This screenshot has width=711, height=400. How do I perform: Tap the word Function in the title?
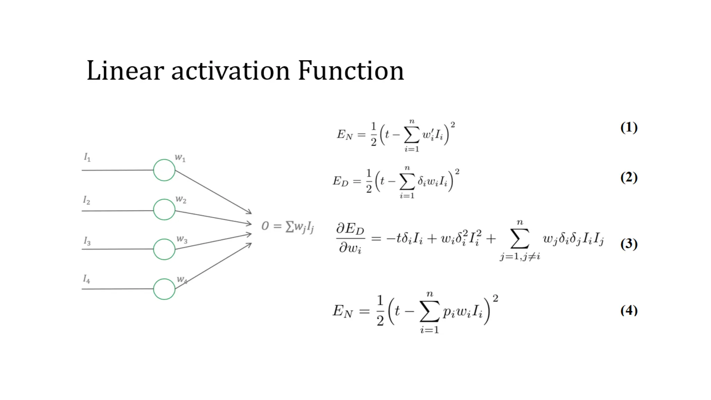pyautogui.click(x=351, y=71)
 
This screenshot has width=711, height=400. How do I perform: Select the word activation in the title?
pyautogui.click(x=231, y=71)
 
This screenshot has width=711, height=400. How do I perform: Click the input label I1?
pyautogui.click(x=87, y=158)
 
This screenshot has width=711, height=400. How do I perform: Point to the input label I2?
pyautogui.click(x=86, y=200)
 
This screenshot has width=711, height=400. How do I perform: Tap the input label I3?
pyautogui.click(x=87, y=241)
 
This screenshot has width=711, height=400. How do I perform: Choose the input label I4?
pyautogui.click(x=86, y=279)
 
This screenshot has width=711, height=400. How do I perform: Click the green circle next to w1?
pyautogui.click(x=164, y=170)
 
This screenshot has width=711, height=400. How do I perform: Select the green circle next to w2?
pyautogui.click(x=164, y=210)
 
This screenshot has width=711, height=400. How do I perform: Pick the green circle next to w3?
pyautogui.click(x=164, y=249)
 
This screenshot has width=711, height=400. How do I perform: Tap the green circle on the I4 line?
pyautogui.click(x=164, y=289)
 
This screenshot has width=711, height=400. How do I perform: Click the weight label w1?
pyautogui.click(x=180, y=158)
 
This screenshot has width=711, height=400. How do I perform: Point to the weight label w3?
pyautogui.click(x=182, y=239)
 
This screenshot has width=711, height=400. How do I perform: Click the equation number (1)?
pyautogui.click(x=629, y=127)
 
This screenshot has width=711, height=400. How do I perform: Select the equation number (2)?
pyautogui.click(x=629, y=177)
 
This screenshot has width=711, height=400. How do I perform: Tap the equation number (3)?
pyautogui.click(x=629, y=244)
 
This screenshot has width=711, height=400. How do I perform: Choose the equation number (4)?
pyautogui.click(x=629, y=310)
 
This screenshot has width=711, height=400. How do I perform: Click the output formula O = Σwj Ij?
pyautogui.click(x=287, y=227)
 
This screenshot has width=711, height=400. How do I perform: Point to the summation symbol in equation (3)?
pyautogui.click(x=520, y=239)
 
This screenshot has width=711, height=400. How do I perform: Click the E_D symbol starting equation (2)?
pyautogui.click(x=340, y=181)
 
